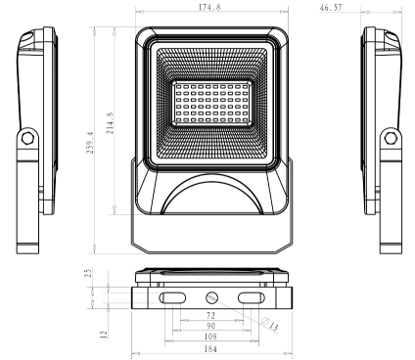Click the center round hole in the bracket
coord(211,296)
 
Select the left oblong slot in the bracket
coord(172,296)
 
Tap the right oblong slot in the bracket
coord(251,296)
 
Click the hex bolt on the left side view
coord(26,139)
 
